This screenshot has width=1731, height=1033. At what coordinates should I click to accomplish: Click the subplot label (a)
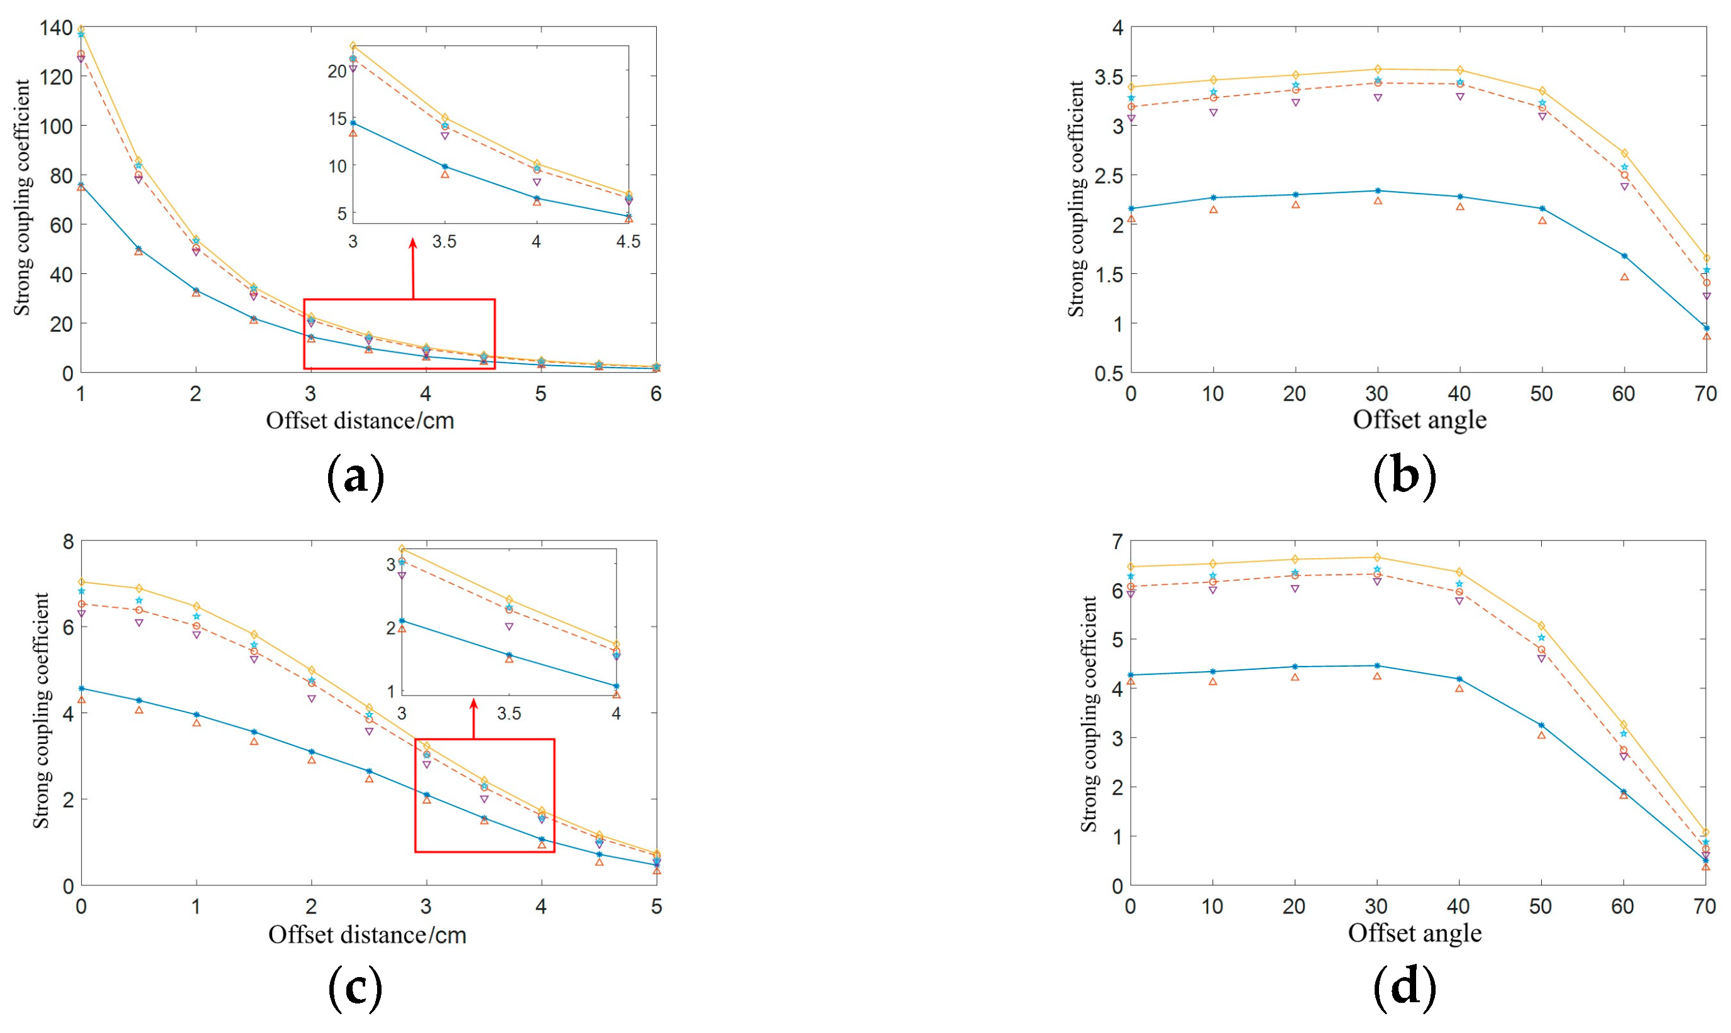pyautogui.click(x=355, y=477)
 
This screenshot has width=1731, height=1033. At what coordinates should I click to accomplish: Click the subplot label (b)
pyautogui.click(x=1404, y=477)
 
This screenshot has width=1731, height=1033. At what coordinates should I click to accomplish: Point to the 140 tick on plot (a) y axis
pyautogui.click(x=56, y=28)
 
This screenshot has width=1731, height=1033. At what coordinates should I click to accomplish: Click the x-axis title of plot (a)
pyautogui.click(x=360, y=420)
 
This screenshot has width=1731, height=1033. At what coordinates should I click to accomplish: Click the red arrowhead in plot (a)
pyautogui.click(x=413, y=244)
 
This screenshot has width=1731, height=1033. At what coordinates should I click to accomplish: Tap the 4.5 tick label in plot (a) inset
pyautogui.click(x=628, y=241)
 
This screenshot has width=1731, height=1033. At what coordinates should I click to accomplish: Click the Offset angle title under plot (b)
pyautogui.click(x=1419, y=420)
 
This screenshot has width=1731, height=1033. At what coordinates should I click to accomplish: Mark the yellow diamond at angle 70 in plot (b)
pyautogui.click(x=1706, y=258)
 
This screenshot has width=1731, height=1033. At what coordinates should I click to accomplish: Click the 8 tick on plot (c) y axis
pyautogui.click(x=67, y=542)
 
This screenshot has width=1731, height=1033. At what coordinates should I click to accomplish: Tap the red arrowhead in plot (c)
pyautogui.click(x=473, y=704)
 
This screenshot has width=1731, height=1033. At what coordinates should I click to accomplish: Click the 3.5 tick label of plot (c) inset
pyautogui.click(x=509, y=714)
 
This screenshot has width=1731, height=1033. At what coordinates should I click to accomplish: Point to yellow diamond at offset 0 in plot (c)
pyautogui.click(x=82, y=582)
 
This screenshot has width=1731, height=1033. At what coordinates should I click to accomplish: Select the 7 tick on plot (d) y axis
pyautogui.click(x=1117, y=541)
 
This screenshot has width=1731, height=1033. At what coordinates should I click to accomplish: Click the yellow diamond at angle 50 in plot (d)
pyautogui.click(x=1542, y=626)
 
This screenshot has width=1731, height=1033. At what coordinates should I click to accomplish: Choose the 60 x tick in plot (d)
pyautogui.click(x=1622, y=906)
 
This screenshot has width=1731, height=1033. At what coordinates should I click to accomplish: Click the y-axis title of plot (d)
pyautogui.click(x=1088, y=714)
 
